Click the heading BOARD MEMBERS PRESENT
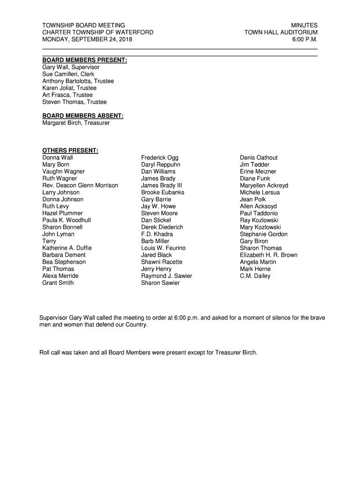[85, 60]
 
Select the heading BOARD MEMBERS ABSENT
[83, 116]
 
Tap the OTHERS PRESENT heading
[70, 151]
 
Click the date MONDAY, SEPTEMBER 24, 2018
[87, 39]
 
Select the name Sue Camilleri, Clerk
[68, 74]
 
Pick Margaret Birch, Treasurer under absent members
[76, 123]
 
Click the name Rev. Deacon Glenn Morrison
[80, 186]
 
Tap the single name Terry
[49, 241]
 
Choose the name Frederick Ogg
[159, 158]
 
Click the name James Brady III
[161, 186]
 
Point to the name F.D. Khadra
[157, 234]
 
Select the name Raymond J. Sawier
[166, 276]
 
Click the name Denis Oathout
[259, 158]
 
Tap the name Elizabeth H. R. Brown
[268, 255]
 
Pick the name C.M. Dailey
[255, 276]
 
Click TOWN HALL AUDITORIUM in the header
[281, 32]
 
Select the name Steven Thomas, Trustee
[74, 102]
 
